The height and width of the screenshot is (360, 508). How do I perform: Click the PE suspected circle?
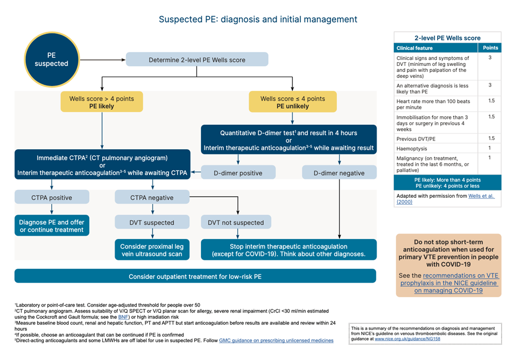coord(52,59)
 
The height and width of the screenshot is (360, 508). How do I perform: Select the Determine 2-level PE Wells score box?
coord(197,59)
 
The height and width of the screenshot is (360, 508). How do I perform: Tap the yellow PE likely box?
coord(102,102)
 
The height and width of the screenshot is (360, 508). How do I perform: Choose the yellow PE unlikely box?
coord(292,102)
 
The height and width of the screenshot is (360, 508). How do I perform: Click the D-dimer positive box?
coord(238,173)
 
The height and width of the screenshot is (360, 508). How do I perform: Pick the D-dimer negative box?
coord(339,173)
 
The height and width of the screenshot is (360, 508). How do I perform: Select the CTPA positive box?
coord(51,197)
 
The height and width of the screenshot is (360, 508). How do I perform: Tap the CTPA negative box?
coord(152,197)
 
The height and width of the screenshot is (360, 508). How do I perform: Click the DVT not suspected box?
coord(236,222)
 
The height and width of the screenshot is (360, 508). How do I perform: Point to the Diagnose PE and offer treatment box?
coord(51,226)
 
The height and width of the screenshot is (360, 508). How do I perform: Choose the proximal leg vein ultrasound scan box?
coord(152,250)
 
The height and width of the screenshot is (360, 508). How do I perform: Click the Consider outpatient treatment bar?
coord(195,276)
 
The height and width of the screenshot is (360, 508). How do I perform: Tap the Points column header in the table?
coord(490,48)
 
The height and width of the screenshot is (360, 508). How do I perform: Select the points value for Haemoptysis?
coord(490,148)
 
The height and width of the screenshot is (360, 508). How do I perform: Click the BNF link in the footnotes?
coord(124,317)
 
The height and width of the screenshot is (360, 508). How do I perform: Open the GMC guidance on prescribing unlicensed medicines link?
coord(276,341)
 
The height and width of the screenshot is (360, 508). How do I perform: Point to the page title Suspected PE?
coord(258,19)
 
